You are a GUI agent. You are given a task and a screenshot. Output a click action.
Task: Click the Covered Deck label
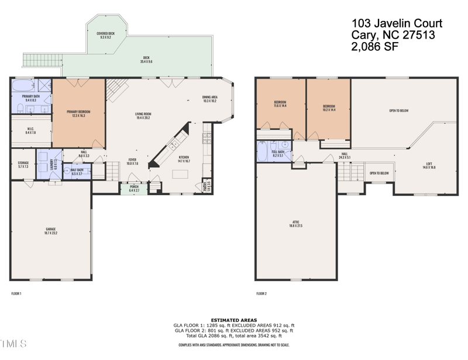click(105, 35)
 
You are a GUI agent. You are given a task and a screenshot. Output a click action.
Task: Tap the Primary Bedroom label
click(78, 114)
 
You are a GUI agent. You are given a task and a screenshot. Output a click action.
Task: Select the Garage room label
click(51, 230)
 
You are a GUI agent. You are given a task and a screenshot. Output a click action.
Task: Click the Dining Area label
click(209, 99)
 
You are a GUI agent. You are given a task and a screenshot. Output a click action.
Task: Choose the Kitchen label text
click(184, 158)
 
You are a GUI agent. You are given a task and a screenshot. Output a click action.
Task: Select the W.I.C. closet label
click(31, 131)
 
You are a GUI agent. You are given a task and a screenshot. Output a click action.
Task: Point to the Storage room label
click(23, 164)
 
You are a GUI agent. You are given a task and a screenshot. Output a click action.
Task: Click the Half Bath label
click(77, 172)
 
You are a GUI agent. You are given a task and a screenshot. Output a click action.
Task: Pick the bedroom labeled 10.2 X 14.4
click(328, 107)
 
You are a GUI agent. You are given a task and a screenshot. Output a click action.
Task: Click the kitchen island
click(180, 174)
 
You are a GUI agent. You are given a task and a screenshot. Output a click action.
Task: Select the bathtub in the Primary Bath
click(25, 87)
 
